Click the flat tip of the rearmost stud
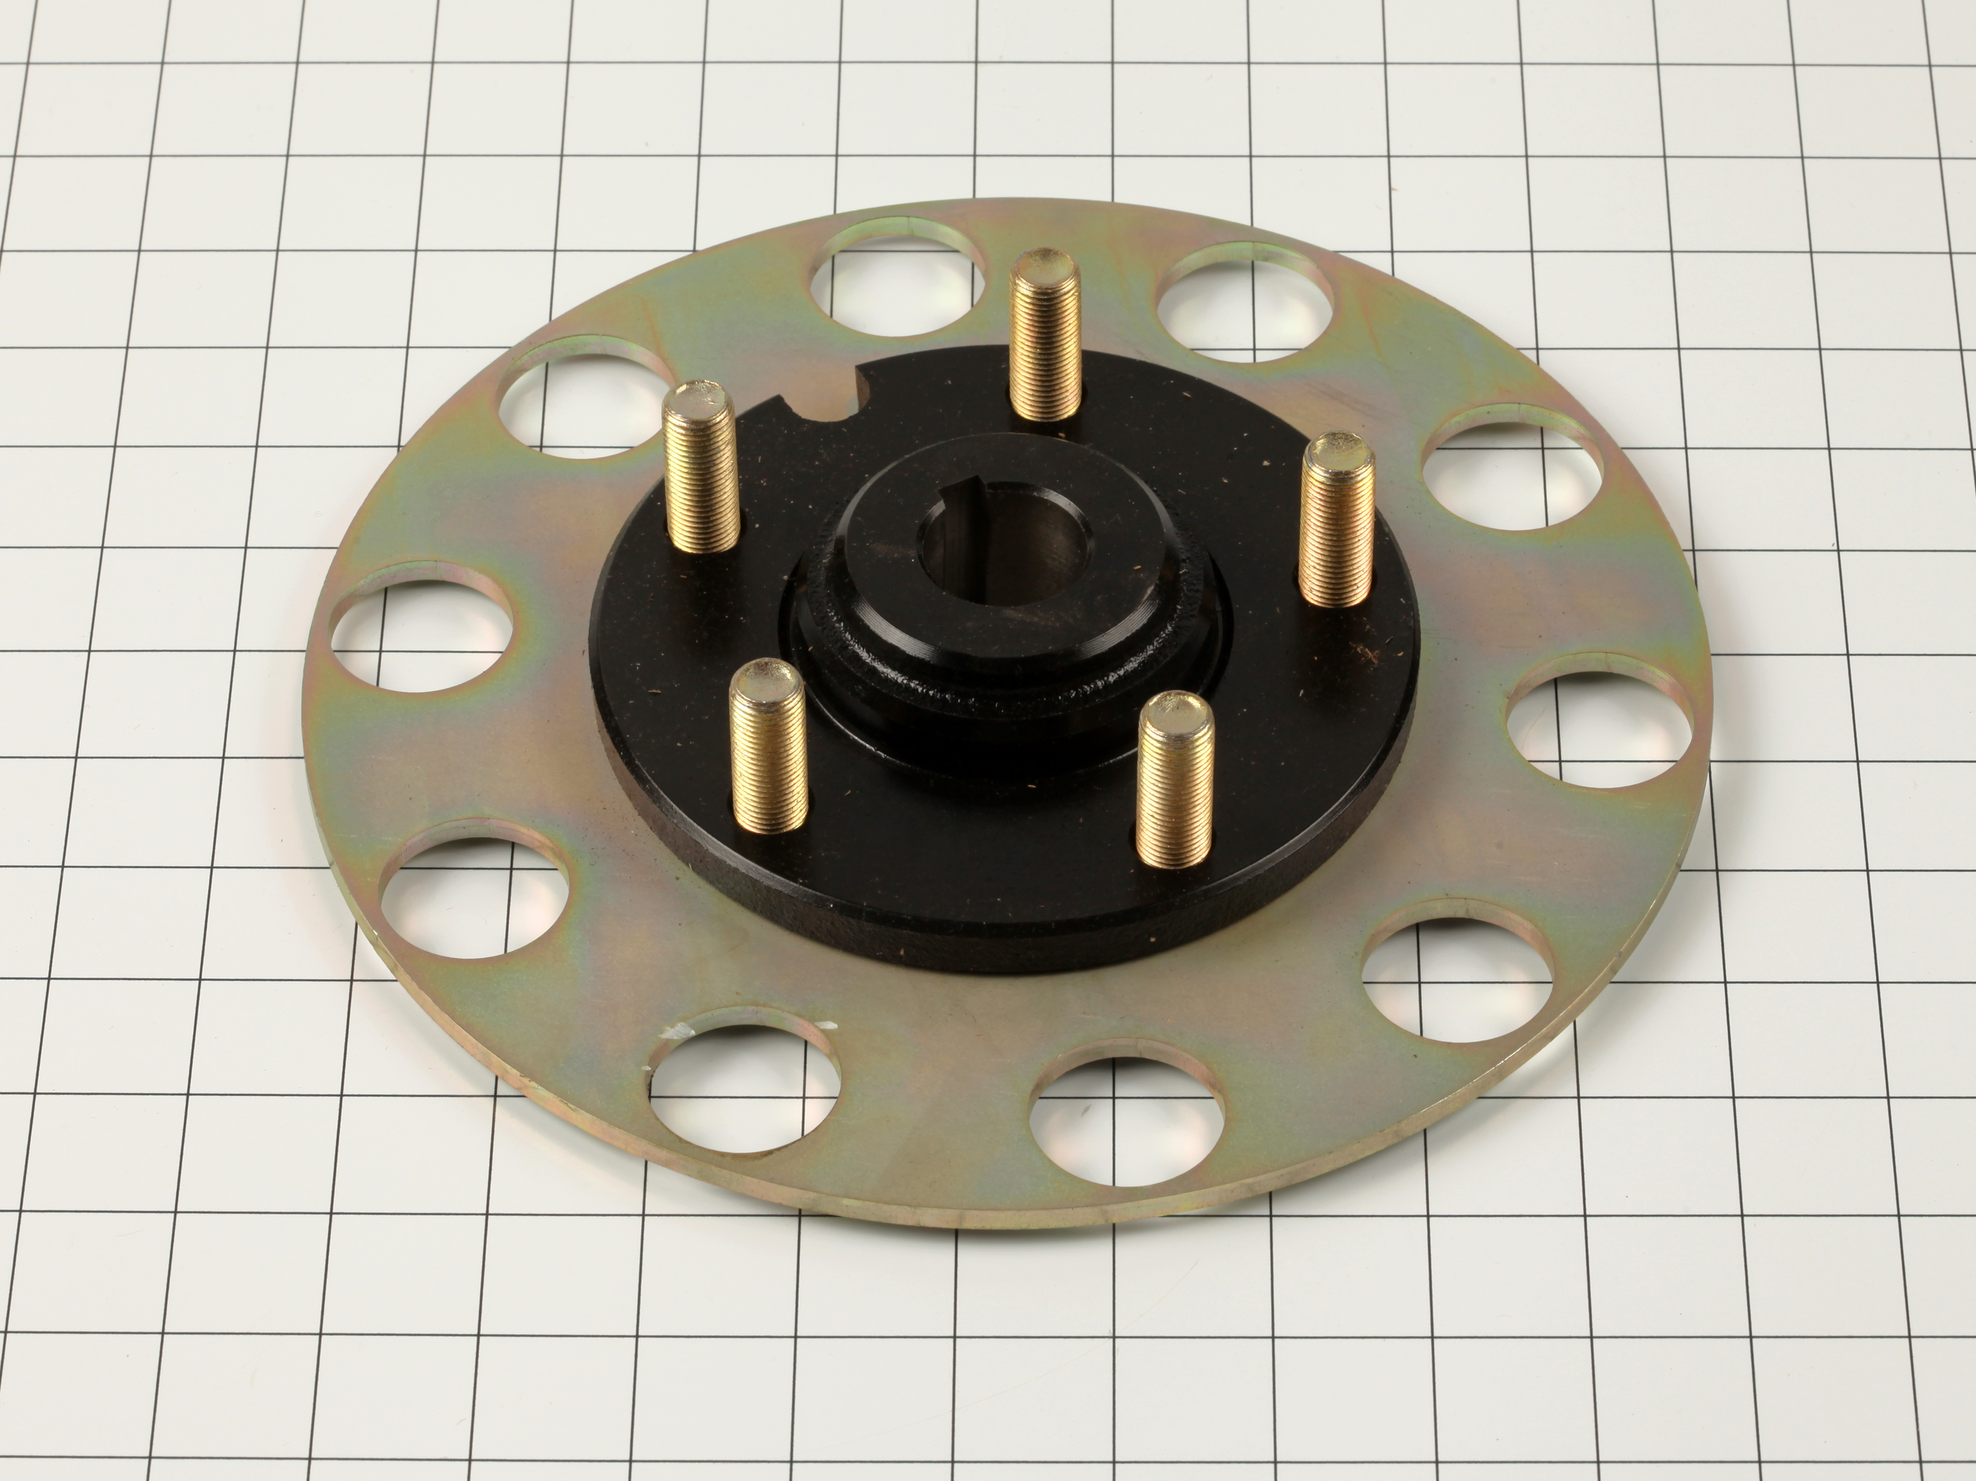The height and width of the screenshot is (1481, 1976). (1041, 264)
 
